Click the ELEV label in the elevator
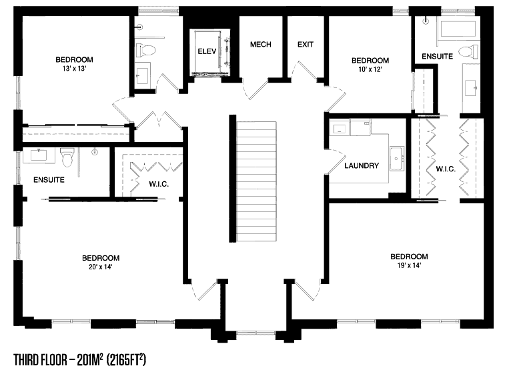click(207, 51)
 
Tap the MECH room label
click(261, 45)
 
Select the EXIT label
click(306, 45)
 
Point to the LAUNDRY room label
click(362, 166)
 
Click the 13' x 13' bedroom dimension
click(74, 69)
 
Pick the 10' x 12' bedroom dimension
click(370, 69)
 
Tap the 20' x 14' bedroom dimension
click(101, 267)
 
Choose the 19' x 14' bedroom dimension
click(409, 265)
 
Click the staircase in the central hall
click(256, 181)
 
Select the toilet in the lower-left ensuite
click(67, 157)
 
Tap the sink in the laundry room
click(397, 159)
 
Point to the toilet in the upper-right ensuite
click(468, 51)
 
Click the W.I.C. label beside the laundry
click(446, 169)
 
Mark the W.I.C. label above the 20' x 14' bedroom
click(159, 184)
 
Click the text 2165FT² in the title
click(126, 360)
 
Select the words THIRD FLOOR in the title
click(41, 360)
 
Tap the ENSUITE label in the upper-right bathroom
click(437, 57)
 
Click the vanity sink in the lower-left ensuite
click(39, 155)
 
